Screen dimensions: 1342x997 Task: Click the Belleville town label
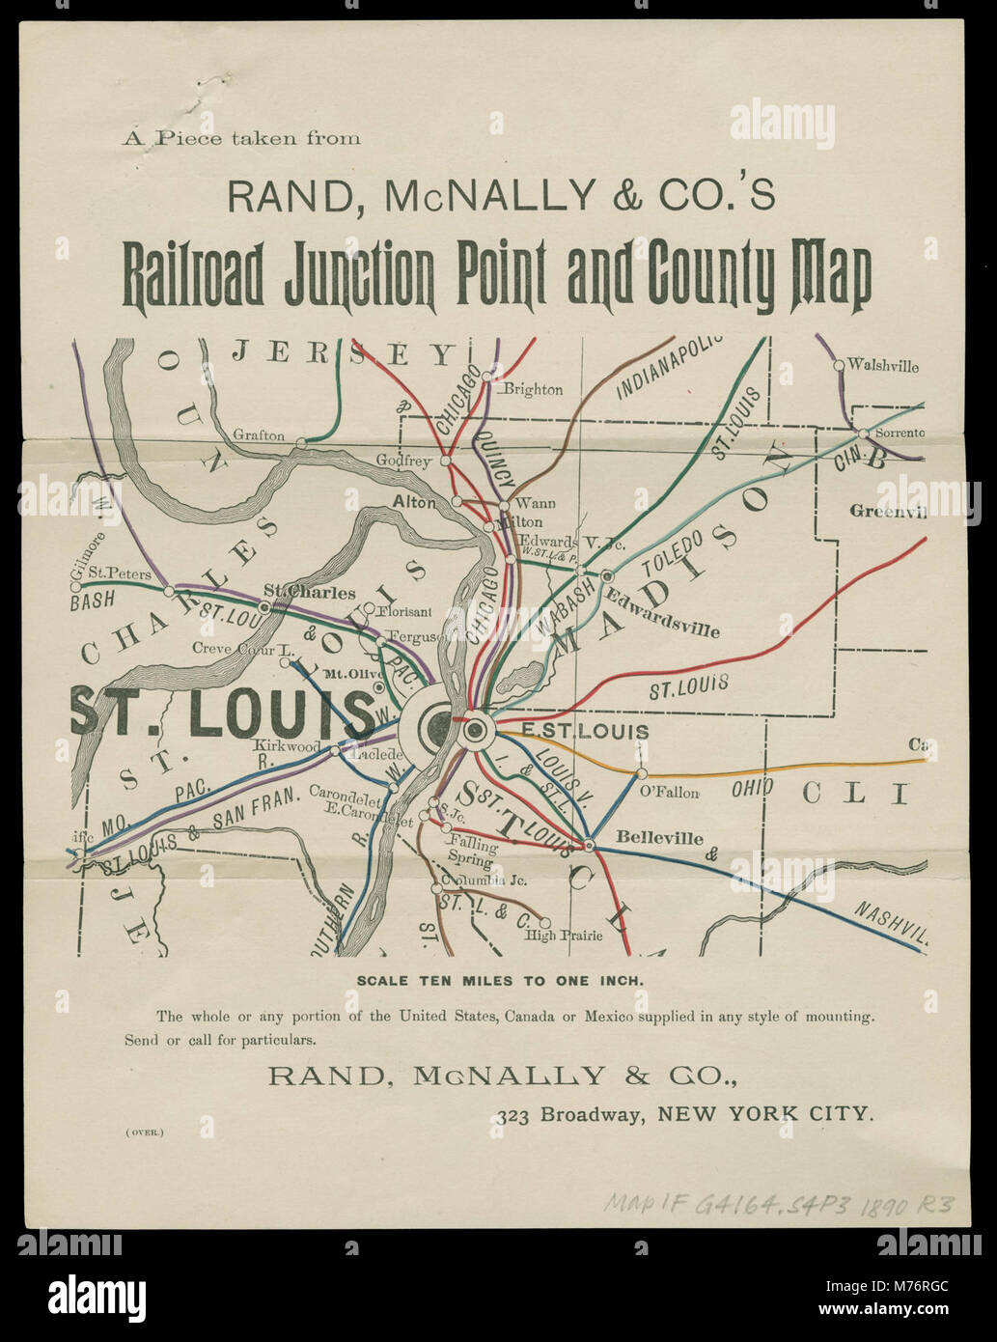pyautogui.click(x=660, y=839)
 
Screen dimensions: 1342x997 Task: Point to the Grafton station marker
pyautogui.click(x=300, y=442)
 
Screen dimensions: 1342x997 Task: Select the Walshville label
pyautogui.click(x=883, y=367)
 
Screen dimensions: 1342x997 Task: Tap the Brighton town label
pyautogui.click(x=533, y=390)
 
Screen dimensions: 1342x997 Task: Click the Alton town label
pyautogui.click(x=414, y=502)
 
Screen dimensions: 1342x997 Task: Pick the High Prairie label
pyautogui.click(x=564, y=936)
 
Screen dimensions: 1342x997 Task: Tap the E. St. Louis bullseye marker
pyautogui.click(x=475, y=730)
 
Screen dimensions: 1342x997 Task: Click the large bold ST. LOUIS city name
pyautogui.click(x=222, y=714)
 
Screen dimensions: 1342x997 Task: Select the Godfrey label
pyautogui.click(x=403, y=461)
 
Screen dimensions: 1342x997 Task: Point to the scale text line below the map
pyautogui.click(x=499, y=980)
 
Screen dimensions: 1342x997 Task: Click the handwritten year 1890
pyautogui.click(x=875, y=1203)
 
